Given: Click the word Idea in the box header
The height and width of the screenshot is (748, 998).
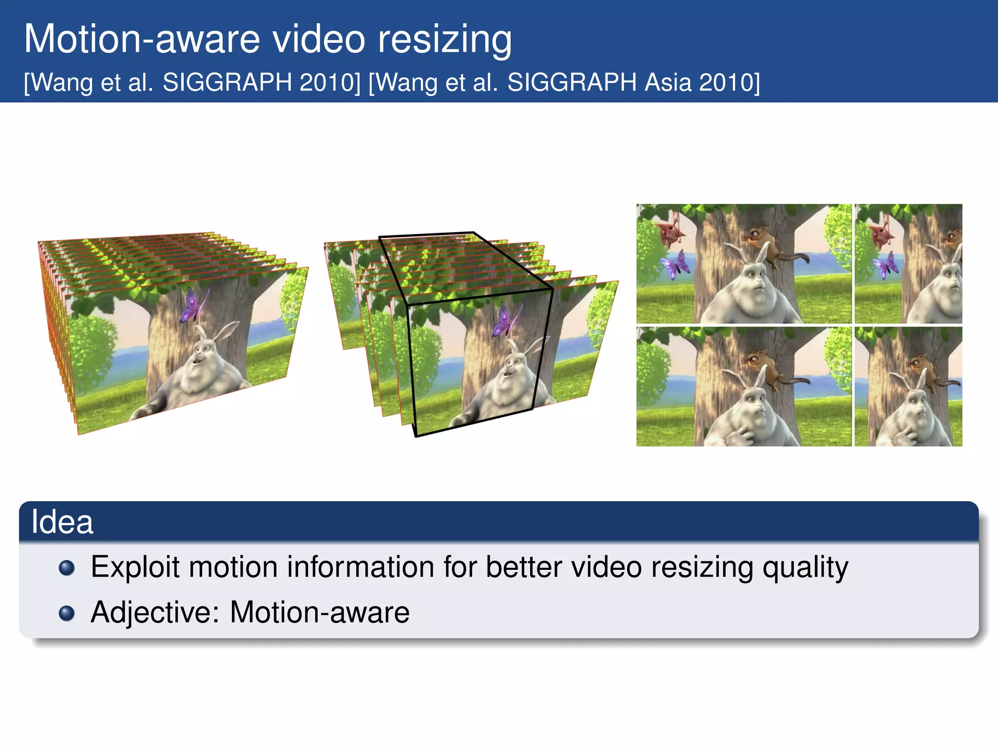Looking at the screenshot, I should click(62, 522).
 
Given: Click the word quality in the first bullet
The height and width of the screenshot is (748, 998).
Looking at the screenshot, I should click(805, 567).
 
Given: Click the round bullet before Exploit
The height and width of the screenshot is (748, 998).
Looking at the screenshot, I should click(67, 568).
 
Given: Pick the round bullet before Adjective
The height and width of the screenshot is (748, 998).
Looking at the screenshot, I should click(67, 613).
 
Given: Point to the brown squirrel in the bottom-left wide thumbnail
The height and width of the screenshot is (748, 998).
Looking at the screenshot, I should click(760, 365).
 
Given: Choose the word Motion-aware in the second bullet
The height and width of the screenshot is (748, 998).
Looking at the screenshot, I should click(319, 613).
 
